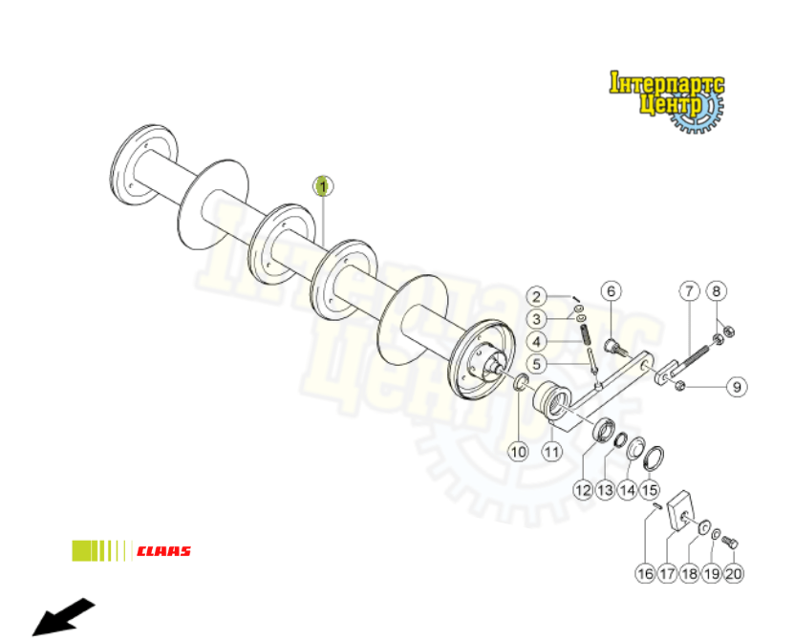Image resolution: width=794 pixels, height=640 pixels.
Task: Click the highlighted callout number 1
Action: click(x=323, y=186)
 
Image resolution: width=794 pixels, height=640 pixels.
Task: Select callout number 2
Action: click(x=538, y=296)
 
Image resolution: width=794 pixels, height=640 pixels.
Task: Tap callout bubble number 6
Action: click(x=612, y=290)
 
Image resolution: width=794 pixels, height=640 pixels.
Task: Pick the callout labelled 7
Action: click(x=688, y=290)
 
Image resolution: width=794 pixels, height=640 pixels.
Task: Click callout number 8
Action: click(x=718, y=290)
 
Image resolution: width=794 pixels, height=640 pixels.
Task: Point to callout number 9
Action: click(x=736, y=387)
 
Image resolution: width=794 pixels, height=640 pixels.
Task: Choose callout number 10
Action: click(x=518, y=451)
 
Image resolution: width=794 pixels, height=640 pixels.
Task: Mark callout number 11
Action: click(x=551, y=451)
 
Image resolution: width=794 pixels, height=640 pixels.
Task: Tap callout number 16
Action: click(x=646, y=574)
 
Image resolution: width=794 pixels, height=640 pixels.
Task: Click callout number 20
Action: click(x=733, y=574)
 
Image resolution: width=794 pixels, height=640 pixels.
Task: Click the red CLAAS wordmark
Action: click(x=163, y=551)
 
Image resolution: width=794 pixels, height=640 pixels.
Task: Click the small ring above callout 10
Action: click(x=522, y=384)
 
